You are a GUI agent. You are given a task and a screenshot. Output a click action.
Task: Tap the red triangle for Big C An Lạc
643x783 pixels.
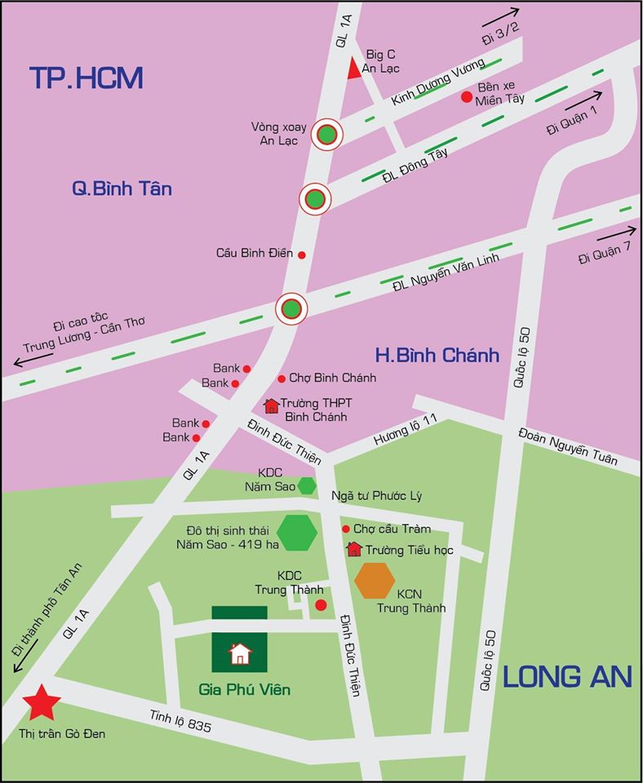353,69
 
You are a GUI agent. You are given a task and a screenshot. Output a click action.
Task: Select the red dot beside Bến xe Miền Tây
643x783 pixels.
467,97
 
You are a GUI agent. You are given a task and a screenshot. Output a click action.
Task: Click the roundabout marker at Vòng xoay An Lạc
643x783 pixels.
327,135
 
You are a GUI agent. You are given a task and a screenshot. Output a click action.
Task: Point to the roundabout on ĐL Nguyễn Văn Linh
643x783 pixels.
291,308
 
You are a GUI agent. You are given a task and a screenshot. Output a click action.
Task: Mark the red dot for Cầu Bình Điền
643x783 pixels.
301,254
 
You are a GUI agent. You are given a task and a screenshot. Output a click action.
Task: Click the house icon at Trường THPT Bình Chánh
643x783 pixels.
271,406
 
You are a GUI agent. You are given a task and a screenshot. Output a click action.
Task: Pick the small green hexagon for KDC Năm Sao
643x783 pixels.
307,485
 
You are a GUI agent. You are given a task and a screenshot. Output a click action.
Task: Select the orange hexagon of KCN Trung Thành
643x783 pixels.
375,581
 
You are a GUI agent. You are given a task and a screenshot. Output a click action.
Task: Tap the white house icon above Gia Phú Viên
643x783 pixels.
240,653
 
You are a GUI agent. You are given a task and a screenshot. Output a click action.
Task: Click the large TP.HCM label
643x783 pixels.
86,77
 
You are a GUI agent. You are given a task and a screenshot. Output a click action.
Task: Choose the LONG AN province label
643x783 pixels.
566,676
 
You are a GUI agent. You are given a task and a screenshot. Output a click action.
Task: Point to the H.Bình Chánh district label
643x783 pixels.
437,355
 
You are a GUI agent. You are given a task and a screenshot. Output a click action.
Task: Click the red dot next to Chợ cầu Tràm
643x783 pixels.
345,529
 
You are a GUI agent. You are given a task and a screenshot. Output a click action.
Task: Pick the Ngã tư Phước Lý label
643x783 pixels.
376,496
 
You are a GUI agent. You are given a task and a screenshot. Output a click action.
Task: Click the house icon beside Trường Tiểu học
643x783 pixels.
354,549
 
